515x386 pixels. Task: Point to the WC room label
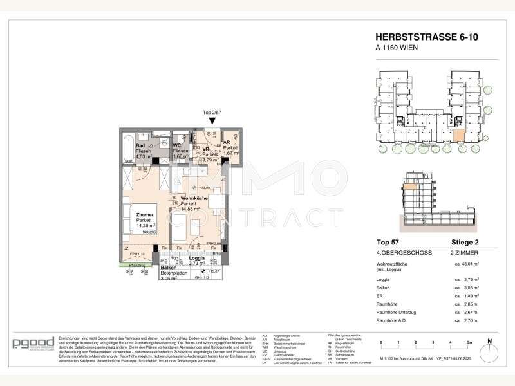pyautogui.click(x=176, y=145)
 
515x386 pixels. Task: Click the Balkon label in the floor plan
pyautogui.click(x=160, y=267)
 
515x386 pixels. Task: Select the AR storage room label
pyautogui.click(x=227, y=143)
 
